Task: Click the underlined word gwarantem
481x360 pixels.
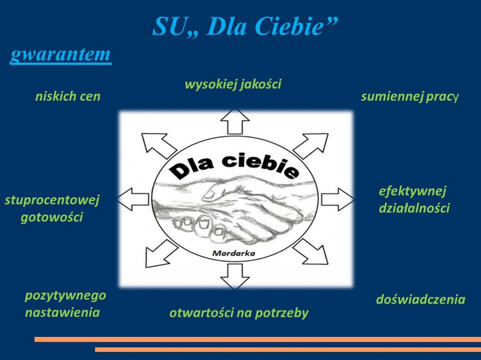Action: [61, 55]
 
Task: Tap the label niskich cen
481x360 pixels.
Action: [68, 96]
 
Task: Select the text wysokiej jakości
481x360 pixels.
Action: [233, 84]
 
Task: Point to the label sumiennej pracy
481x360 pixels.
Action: [410, 97]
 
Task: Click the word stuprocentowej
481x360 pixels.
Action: [52, 200]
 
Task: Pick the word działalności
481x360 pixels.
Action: [414, 208]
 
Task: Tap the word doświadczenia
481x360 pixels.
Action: [420, 299]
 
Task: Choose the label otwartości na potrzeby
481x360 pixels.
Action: [239, 313]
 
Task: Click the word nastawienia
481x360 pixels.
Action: [62, 313]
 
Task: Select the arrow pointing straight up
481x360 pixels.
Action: [235, 121]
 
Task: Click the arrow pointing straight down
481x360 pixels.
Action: [235, 276]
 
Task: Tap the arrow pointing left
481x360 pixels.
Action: [132, 199]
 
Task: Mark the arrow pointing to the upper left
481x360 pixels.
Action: [158, 146]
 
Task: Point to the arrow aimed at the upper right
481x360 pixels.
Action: [311, 146]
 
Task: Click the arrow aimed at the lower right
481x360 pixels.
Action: [310, 252]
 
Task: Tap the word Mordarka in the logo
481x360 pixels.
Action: [234, 253]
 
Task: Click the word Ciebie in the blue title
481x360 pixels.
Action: [289, 26]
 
